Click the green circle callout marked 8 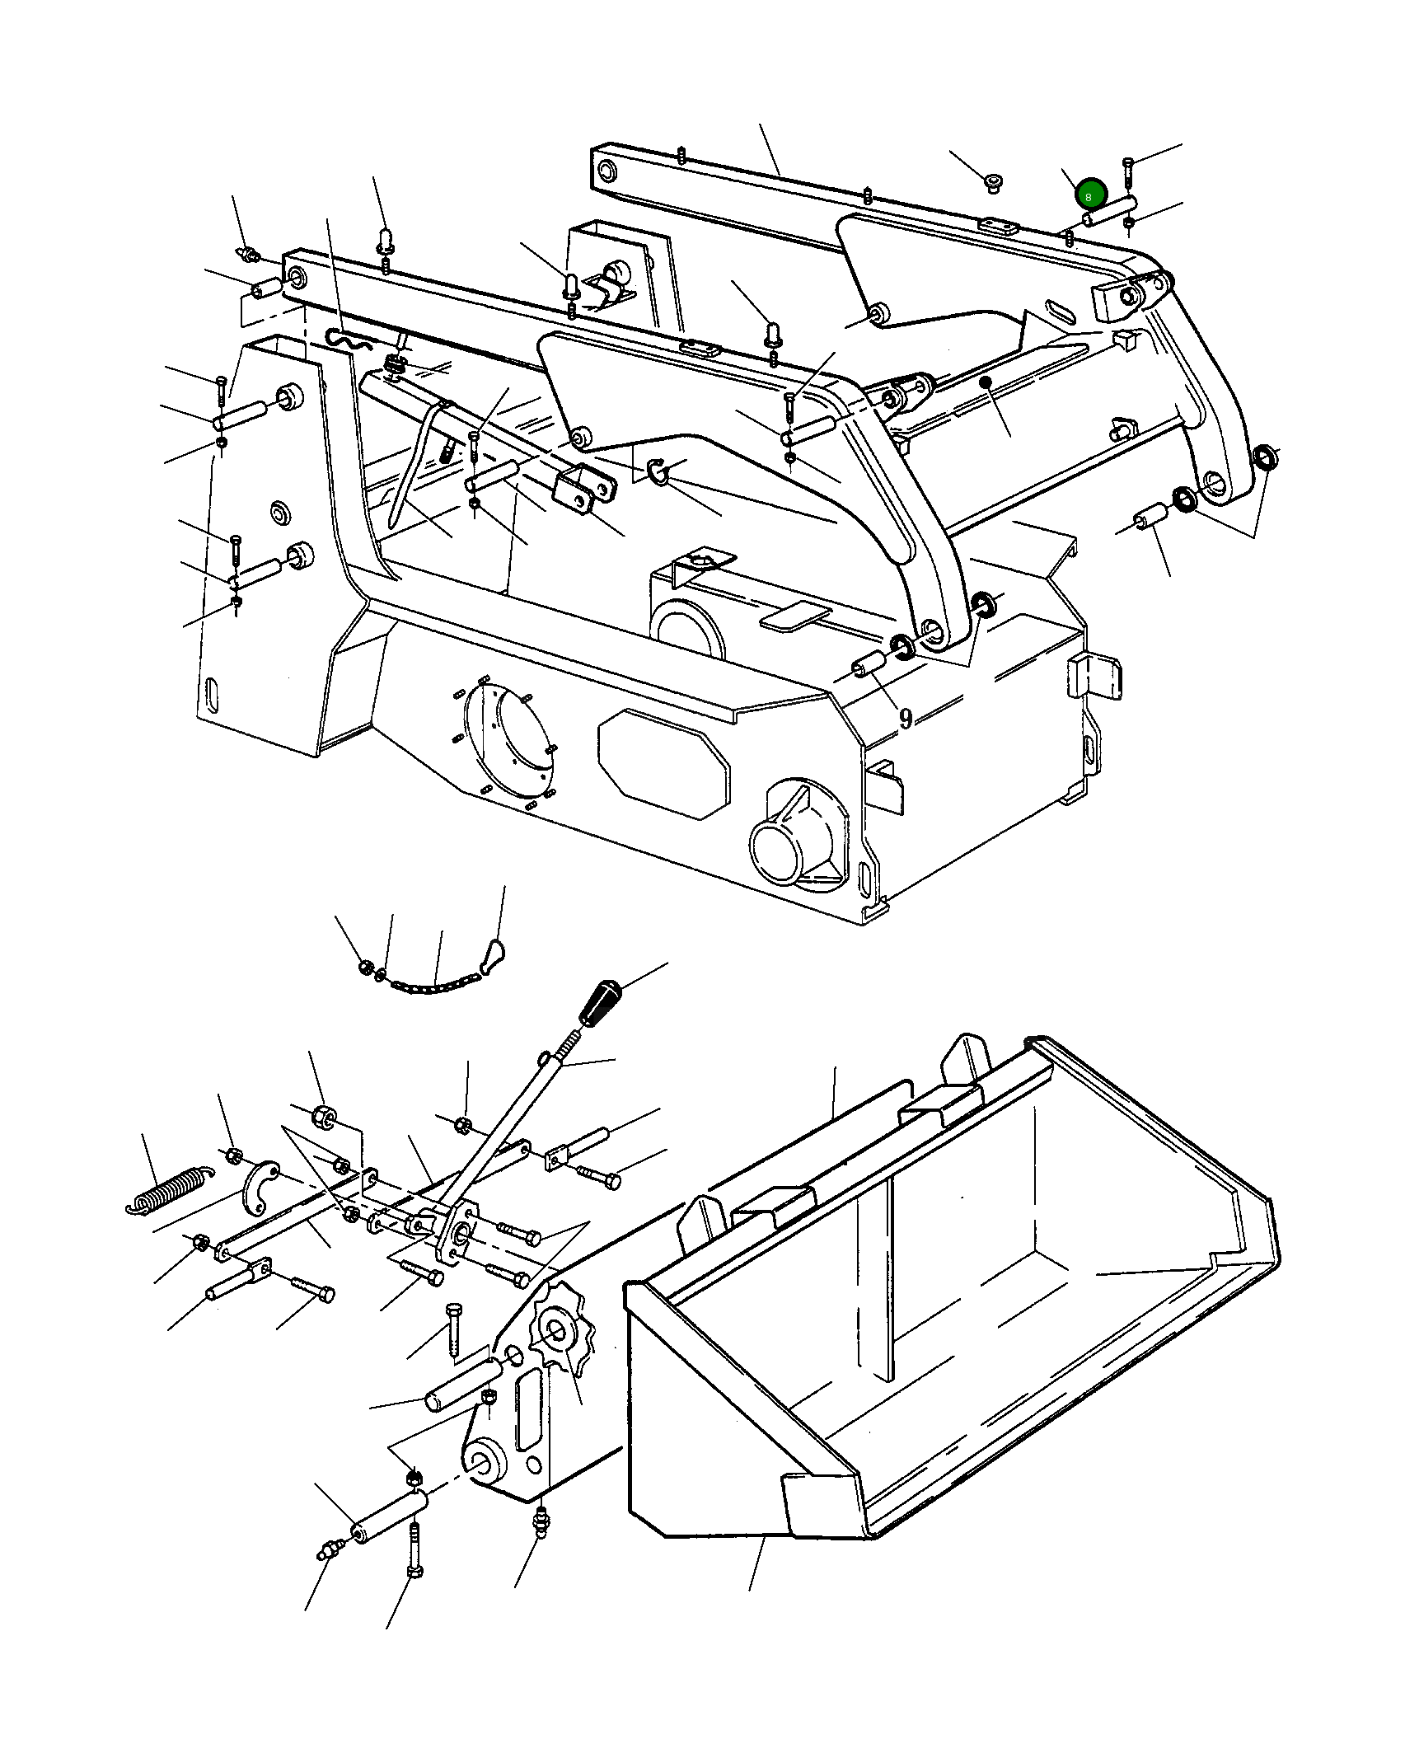tap(1089, 196)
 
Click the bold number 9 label tap(906, 719)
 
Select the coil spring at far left tap(167, 1191)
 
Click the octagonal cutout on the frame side tap(663, 763)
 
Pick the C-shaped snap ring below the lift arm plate tap(658, 471)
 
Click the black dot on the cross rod tap(984, 382)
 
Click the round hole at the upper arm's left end tap(606, 171)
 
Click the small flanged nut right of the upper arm tap(994, 180)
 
